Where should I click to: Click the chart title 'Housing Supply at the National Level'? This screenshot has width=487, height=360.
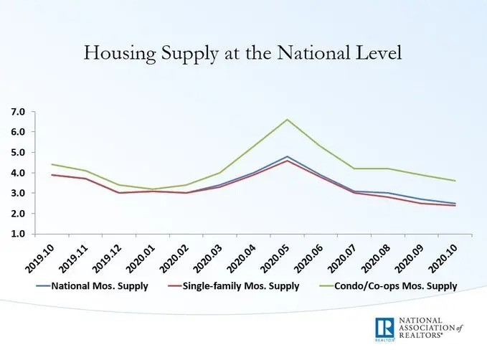243,53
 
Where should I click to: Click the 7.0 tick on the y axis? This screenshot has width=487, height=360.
16,112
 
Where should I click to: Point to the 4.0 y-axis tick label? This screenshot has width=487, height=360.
16,173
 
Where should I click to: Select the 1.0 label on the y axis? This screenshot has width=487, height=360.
16,234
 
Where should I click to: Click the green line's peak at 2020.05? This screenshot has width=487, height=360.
288,120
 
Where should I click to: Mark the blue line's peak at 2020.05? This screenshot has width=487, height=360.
288,156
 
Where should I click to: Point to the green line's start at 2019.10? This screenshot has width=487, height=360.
51,164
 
